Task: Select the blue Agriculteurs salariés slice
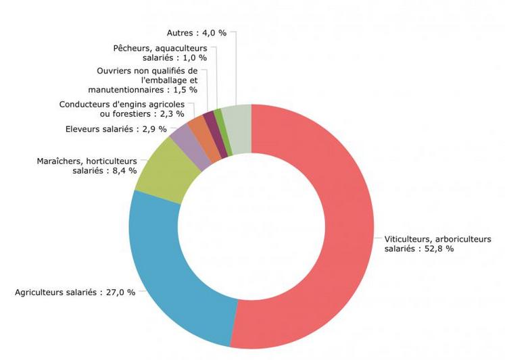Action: (x=169, y=270)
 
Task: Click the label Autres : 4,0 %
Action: (x=197, y=32)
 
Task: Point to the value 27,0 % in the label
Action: (x=118, y=292)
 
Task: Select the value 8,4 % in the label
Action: (x=124, y=171)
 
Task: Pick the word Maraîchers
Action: (x=60, y=161)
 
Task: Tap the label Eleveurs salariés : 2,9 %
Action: (x=116, y=129)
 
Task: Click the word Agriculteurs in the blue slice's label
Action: (x=41, y=292)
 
